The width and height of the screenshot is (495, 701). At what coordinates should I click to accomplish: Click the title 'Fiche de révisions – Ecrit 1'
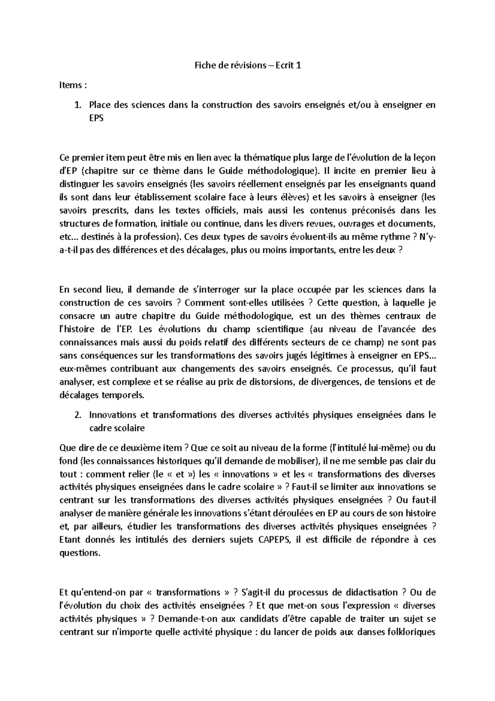[247, 65]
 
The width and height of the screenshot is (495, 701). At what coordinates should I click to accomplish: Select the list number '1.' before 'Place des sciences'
[77, 105]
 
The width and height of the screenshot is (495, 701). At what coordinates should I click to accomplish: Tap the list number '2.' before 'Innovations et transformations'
[77, 415]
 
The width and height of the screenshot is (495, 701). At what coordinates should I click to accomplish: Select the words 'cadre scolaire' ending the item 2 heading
[117, 428]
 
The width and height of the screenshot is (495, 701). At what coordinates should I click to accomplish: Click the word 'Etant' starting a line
[71, 540]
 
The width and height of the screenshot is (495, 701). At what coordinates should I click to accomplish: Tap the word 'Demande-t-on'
[178, 619]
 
